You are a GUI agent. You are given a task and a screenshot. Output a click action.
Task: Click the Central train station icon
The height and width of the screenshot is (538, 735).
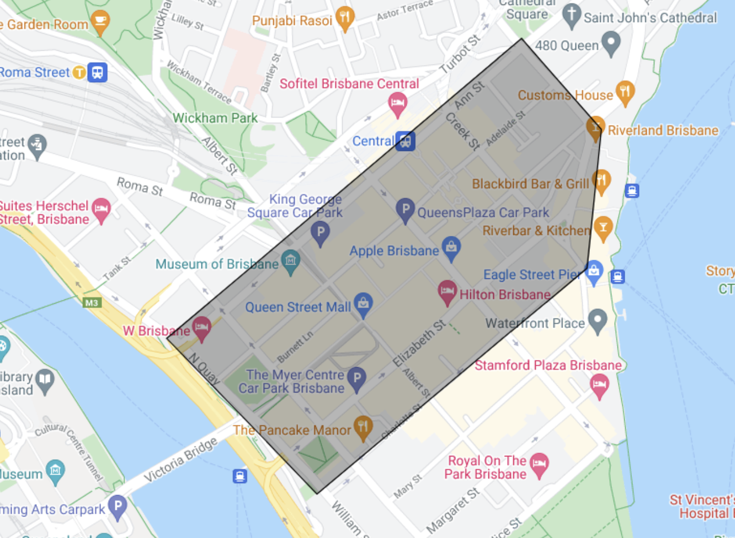(x=406, y=141)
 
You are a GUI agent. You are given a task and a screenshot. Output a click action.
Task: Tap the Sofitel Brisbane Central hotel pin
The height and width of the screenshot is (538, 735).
(x=397, y=103)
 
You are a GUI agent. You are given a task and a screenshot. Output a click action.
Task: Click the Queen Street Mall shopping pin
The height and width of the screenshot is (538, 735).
(x=363, y=304)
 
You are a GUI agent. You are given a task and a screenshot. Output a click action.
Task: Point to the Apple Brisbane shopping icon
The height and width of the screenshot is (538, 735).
(x=451, y=248)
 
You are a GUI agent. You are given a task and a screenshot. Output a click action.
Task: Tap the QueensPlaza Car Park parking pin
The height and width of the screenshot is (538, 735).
(x=405, y=209)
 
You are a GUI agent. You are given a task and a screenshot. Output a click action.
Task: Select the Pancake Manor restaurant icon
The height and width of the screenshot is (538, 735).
(x=363, y=427)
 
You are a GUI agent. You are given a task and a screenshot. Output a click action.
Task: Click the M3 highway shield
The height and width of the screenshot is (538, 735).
(x=92, y=303)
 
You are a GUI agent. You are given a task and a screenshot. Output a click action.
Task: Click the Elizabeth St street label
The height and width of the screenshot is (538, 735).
(x=419, y=343)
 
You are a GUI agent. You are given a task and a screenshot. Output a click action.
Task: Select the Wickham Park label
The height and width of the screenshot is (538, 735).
(x=215, y=118)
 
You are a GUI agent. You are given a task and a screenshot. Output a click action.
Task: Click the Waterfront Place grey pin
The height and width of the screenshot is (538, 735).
(x=598, y=320)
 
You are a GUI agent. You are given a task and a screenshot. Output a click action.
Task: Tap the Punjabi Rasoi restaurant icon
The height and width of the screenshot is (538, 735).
(x=345, y=18)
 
